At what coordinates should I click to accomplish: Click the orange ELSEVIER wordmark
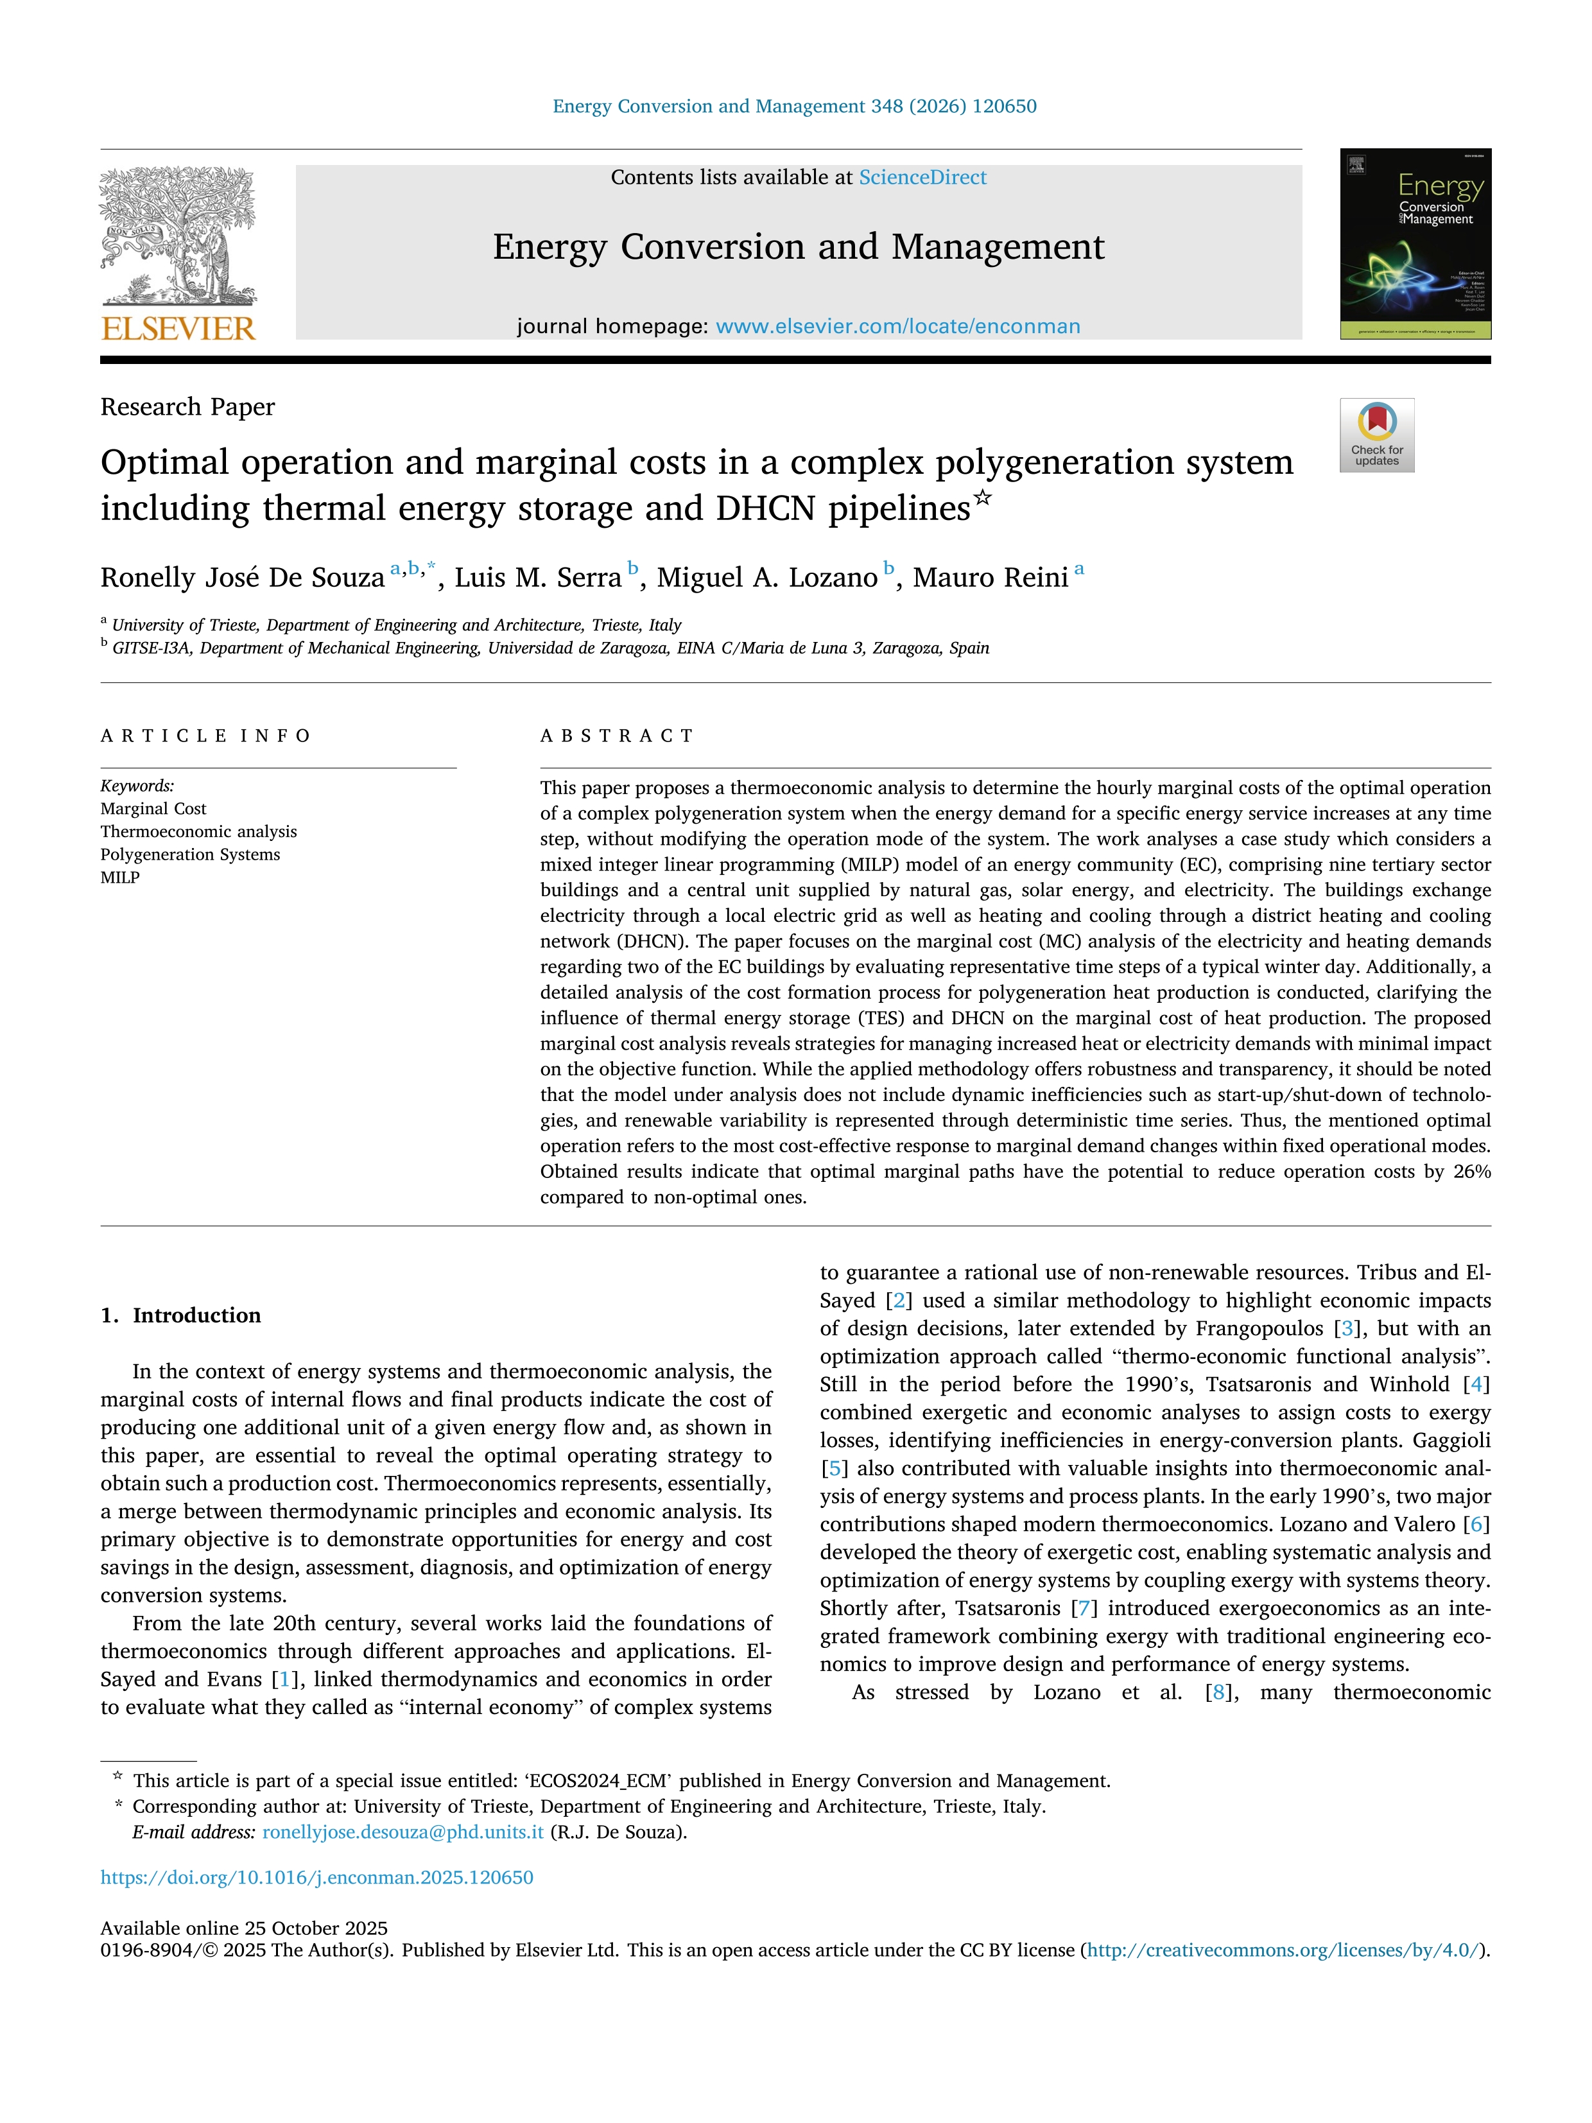pyautogui.click(x=178, y=329)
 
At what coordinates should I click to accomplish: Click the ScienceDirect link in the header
pyautogui.click(x=922, y=178)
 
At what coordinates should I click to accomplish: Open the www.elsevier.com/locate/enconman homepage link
pyautogui.click(x=897, y=326)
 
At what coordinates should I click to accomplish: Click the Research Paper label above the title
pyautogui.click(x=187, y=407)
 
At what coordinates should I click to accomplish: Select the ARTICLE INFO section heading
pyautogui.click(x=205, y=736)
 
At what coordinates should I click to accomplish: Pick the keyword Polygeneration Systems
pyautogui.click(x=190, y=854)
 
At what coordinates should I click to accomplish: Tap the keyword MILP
pyautogui.click(x=120, y=877)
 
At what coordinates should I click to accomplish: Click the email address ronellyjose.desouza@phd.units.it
pyautogui.click(x=403, y=1832)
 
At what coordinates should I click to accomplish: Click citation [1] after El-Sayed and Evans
pyautogui.click(x=284, y=1679)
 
